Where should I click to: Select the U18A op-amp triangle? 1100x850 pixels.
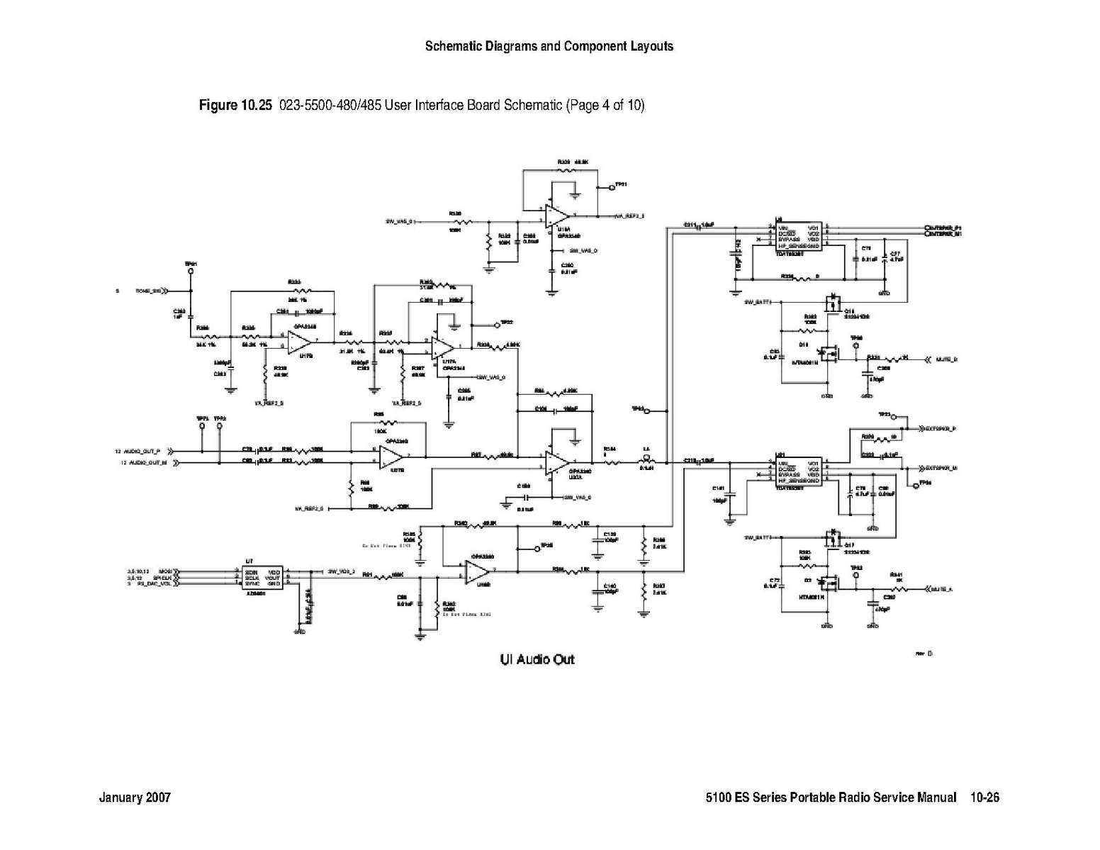pos(558,215)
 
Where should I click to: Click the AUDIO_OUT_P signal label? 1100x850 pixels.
pos(142,451)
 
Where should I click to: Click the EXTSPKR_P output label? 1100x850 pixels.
pos(941,429)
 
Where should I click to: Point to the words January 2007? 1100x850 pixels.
pos(135,798)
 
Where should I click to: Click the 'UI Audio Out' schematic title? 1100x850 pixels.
pos(537,659)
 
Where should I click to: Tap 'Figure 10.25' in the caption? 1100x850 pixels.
pos(235,106)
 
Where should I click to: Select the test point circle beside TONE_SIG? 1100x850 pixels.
pos(191,270)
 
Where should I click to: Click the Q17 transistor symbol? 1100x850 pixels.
pos(834,537)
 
